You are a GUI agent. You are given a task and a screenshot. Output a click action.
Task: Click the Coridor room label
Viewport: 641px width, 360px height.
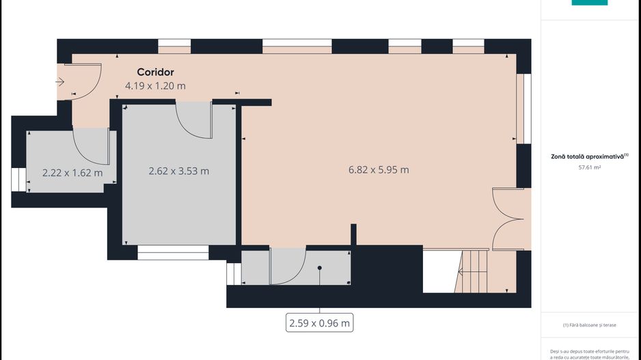pos(155,72)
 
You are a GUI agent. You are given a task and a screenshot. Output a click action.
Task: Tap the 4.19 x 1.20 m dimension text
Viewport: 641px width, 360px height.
pos(155,86)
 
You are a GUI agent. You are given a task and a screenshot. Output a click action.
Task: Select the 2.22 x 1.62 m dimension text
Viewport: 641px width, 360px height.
pos(72,172)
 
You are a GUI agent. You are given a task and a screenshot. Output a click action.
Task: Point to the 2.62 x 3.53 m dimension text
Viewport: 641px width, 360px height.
pos(179,171)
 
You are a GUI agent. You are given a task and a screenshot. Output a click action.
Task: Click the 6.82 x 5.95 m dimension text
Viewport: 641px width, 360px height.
pos(379,169)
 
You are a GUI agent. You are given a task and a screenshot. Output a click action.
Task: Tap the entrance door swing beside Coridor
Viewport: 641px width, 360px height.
pos(85,82)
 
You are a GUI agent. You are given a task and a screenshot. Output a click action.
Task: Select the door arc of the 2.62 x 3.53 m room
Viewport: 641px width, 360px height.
pos(194,119)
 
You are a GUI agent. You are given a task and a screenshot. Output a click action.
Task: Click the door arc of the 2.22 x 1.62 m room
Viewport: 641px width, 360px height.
pos(92,146)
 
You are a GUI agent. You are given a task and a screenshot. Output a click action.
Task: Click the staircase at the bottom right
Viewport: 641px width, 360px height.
pos(475,271)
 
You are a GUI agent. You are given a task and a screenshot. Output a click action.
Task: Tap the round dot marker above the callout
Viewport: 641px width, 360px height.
pos(319,268)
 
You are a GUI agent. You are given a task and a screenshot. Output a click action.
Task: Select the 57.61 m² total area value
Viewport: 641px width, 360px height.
pos(589,167)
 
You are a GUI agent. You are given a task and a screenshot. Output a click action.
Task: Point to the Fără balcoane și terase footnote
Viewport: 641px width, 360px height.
pos(590,325)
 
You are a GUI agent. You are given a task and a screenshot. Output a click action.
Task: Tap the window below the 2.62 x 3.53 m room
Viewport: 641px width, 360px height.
pos(173,252)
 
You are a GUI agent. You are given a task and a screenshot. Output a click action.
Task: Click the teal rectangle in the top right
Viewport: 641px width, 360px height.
pos(589,3)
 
